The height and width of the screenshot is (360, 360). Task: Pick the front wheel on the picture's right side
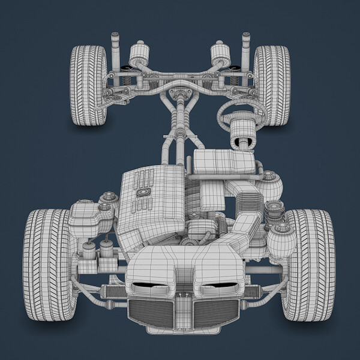click(308, 264)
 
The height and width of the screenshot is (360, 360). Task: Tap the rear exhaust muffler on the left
click(139, 53)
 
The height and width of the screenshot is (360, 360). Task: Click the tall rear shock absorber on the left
click(115, 48)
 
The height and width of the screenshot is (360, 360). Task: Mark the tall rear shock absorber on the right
click(245, 48)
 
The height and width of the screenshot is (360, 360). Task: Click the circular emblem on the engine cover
click(143, 192)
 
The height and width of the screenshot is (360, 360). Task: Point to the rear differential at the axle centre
click(181, 95)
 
